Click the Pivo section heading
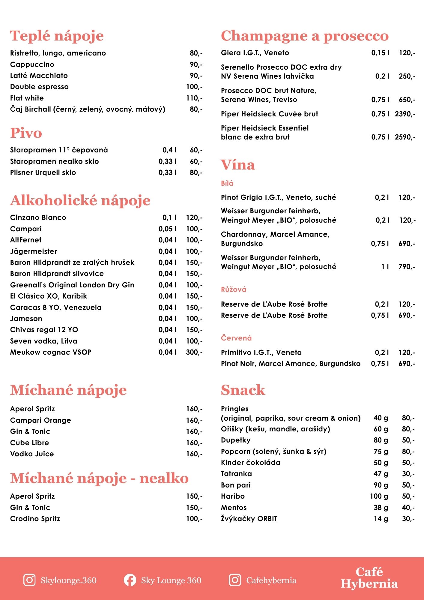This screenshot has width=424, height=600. coord(26,133)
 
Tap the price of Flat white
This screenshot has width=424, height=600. coord(194,98)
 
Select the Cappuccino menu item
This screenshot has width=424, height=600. coord(32,64)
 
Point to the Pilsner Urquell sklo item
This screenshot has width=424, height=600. coord(43,172)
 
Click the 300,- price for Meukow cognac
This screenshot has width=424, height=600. coord(194,352)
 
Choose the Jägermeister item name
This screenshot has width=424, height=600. coord(34,251)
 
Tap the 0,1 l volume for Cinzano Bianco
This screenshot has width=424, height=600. coord(169,217)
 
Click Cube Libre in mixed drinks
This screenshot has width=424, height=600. coord(29,443)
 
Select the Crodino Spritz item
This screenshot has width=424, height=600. coord(35,519)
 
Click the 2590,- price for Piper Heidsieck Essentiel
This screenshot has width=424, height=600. coord(405,137)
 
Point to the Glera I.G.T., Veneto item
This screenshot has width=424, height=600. coord(255,53)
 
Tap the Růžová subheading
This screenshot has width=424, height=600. coord(234,289)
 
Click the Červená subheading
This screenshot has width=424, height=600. coord(236,338)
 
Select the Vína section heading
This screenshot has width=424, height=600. coord(238,165)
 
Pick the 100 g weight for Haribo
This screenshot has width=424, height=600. coord(379,496)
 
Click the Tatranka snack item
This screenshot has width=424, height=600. coord(236,474)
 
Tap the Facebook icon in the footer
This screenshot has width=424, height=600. coord(130,580)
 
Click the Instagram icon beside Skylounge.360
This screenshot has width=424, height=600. coord(29,580)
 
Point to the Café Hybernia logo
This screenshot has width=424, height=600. coord(369,578)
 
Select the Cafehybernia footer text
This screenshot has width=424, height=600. coord(271,580)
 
